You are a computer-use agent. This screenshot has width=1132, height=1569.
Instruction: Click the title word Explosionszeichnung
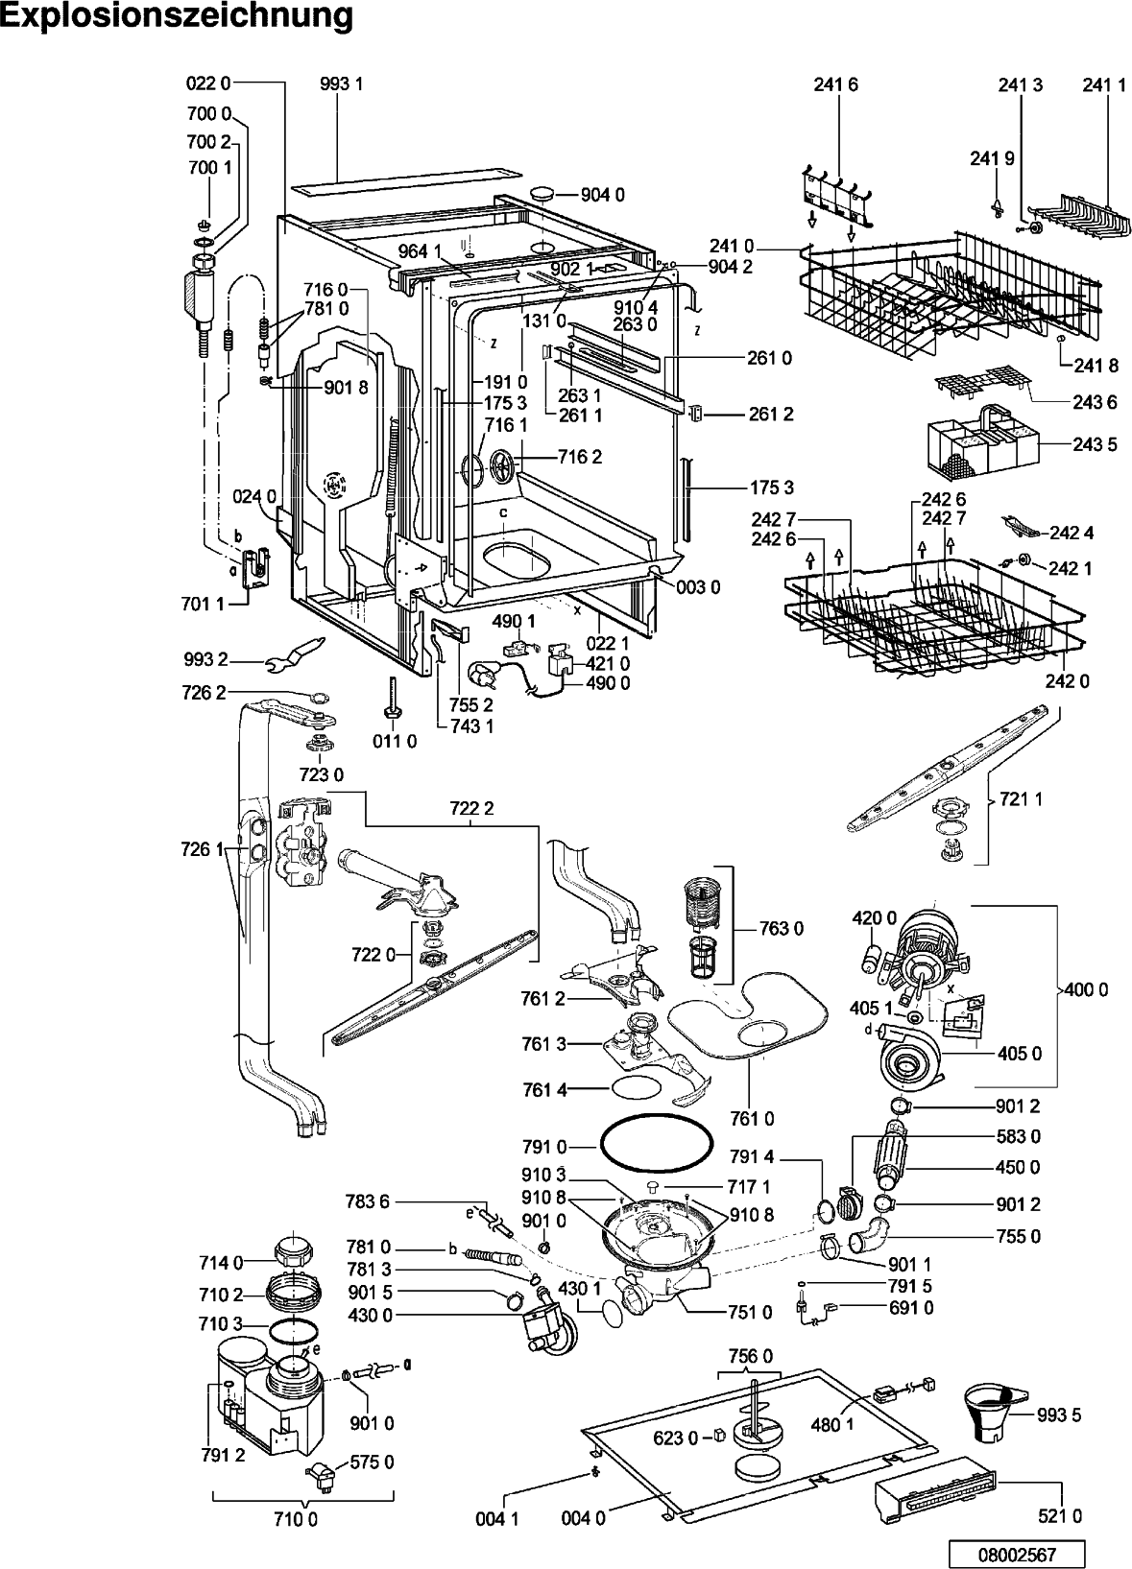[x=177, y=17]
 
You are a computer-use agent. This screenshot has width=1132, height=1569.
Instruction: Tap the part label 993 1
[x=342, y=84]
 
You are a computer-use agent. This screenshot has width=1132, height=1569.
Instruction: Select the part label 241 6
[x=835, y=84]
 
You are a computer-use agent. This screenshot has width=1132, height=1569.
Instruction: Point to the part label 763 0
[x=782, y=929]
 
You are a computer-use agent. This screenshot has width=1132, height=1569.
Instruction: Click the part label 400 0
[x=1087, y=989]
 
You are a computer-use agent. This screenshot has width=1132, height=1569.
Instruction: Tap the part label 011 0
[x=395, y=741]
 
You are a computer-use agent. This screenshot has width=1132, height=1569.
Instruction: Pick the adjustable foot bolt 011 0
[x=392, y=697]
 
